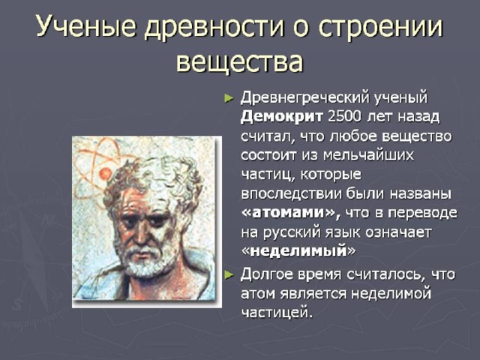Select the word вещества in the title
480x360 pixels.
[x=240, y=61]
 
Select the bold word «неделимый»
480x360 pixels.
[x=298, y=250]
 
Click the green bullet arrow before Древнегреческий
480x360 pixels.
[x=229, y=98]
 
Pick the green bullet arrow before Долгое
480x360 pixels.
[x=229, y=275]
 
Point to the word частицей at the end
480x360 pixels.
[x=277, y=312]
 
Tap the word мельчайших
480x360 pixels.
[x=368, y=155]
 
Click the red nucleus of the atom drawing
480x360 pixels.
[x=106, y=173]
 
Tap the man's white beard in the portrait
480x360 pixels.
[x=144, y=260]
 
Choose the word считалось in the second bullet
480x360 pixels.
[x=385, y=275]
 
